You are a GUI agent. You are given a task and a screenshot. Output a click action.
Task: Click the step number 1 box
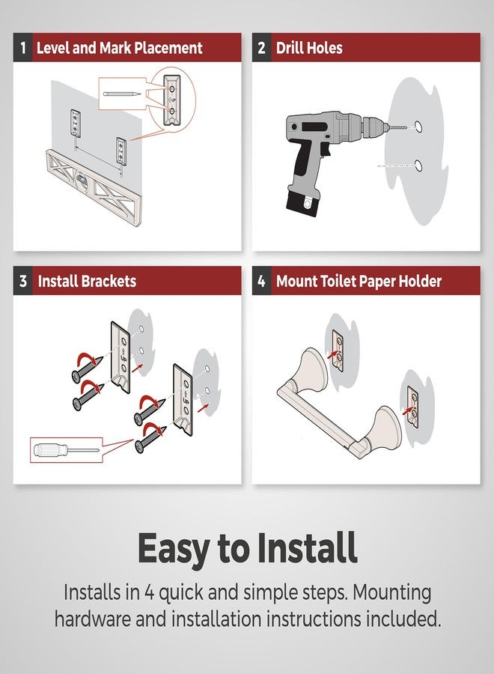point(22,47)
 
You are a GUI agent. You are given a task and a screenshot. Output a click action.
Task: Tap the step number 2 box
point(262,47)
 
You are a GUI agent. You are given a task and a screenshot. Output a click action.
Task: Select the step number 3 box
point(22,281)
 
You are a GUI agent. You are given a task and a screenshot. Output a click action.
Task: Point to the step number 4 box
point(262,281)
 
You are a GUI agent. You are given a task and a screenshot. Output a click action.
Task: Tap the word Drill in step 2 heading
point(290,48)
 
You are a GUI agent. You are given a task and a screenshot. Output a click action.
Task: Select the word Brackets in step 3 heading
point(109,281)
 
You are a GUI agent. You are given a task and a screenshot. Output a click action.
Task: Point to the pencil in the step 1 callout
point(121,94)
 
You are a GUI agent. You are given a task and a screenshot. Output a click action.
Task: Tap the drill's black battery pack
point(303,202)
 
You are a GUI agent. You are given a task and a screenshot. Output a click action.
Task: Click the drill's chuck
point(373,127)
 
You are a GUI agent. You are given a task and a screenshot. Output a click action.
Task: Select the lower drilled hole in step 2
point(418,166)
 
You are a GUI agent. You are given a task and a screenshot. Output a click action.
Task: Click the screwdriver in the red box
point(65,450)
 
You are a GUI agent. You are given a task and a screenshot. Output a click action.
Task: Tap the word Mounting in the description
point(391,593)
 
